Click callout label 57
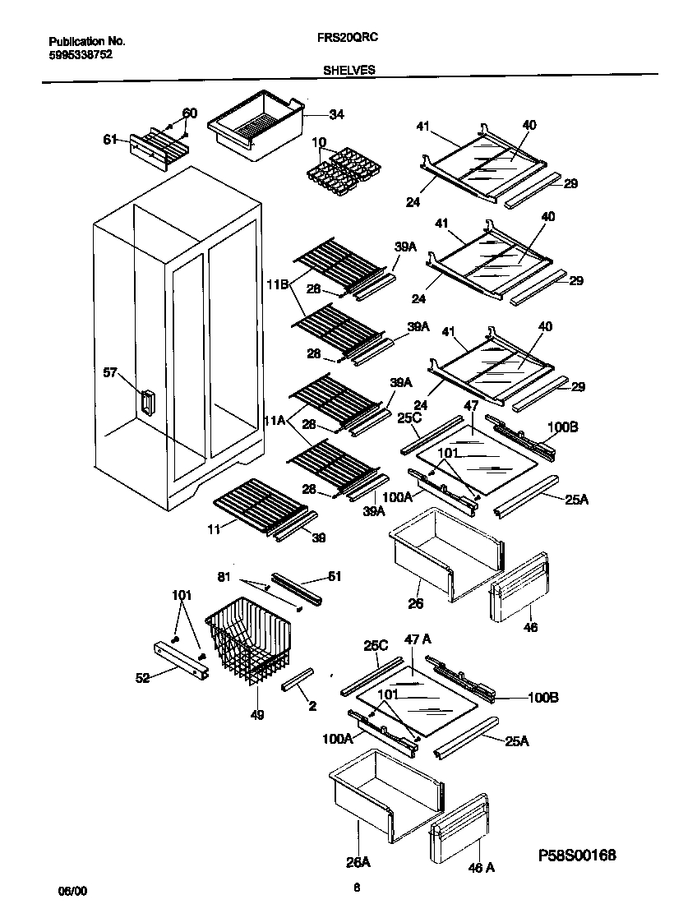tap(109, 373)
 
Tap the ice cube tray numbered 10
tap(339, 168)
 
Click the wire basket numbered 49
tap(247, 638)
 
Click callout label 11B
tap(276, 285)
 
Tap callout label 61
tap(110, 139)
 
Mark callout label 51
tap(335, 577)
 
